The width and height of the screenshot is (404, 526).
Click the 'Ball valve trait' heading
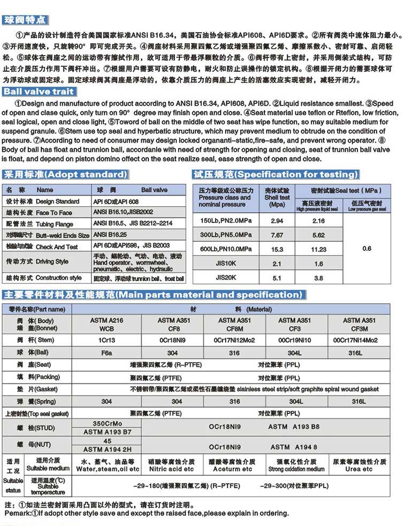[x=39, y=92]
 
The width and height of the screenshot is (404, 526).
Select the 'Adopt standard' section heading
[x=66, y=175]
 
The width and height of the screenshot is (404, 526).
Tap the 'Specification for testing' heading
[x=276, y=175]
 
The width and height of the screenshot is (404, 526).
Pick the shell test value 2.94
[x=277, y=221]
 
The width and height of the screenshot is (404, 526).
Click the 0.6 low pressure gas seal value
[x=367, y=249]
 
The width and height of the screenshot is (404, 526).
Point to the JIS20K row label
[x=226, y=277]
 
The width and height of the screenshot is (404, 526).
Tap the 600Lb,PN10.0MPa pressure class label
[x=226, y=249]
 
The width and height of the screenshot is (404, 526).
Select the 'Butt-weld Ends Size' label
[x=63, y=235]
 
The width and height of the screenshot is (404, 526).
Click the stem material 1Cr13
[x=106, y=340]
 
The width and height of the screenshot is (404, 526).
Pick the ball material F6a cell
[x=106, y=352]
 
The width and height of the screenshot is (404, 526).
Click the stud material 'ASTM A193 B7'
[x=106, y=431]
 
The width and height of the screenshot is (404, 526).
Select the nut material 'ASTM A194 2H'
[x=106, y=450]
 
